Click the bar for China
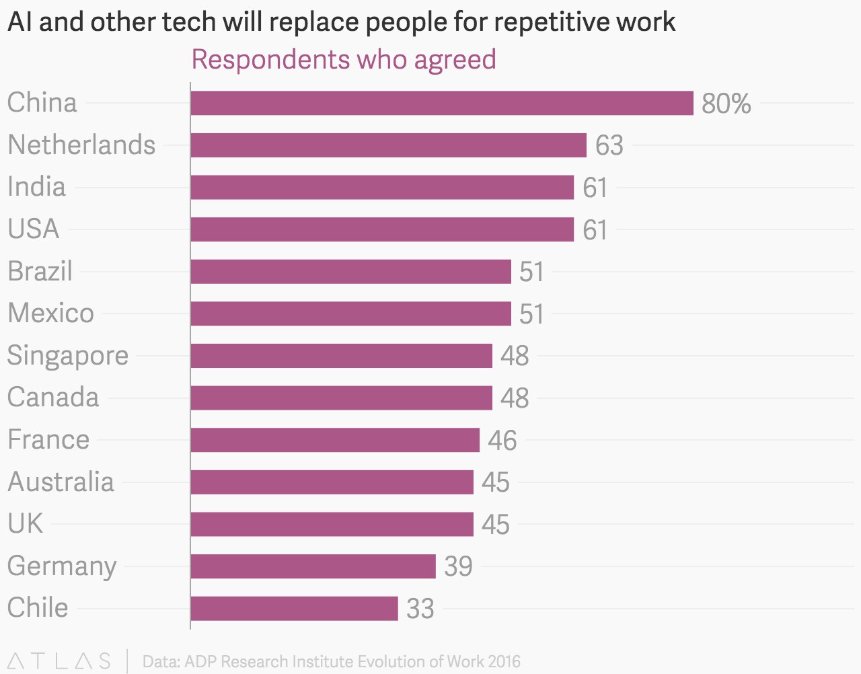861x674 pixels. [x=441, y=103]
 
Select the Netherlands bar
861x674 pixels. [x=388, y=145]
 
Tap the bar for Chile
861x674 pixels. [x=294, y=608]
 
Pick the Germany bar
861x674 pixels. [x=313, y=566]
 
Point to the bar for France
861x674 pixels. [x=335, y=440]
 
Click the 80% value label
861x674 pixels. [x=726, y=104]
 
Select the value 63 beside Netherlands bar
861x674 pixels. [x=609, y=146]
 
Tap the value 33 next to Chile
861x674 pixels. [x=420, y=609]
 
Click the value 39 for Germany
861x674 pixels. [x=458, y=566]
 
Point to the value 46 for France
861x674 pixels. [x=502, y=441]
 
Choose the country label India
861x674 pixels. [x=36, y=187]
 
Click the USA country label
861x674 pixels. [x=33, y=229]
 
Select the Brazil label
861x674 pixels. [x=40, y=271]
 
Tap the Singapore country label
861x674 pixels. [x=67, y=355]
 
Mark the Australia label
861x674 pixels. [x=61, y=482]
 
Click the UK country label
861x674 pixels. [x=25, y=523]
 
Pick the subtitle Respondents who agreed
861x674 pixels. [x=344, y=59]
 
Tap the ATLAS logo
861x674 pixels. [x=59, y=661]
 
